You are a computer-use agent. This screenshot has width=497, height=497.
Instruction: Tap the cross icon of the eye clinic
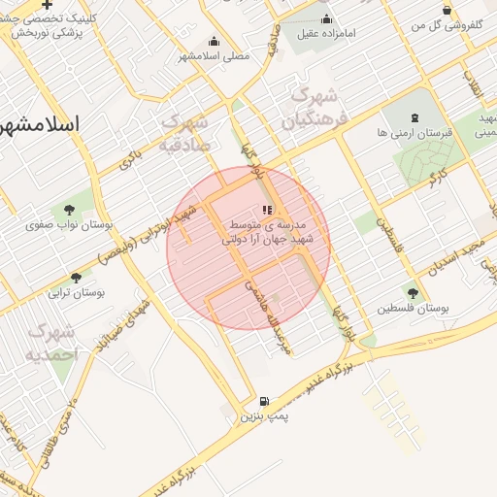click(47, 5)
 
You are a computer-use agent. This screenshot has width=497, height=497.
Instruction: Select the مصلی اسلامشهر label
click(213, 56)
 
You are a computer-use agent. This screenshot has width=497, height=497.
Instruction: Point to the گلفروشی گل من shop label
click(447, 25)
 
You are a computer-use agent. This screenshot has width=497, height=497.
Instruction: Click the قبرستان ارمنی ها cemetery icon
click(416, 117)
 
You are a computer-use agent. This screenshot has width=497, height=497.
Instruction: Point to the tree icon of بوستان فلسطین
click(414, 292)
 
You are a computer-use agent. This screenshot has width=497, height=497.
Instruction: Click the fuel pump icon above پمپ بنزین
click(264, 401)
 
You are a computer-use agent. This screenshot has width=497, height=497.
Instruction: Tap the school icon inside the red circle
click(268, 209)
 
